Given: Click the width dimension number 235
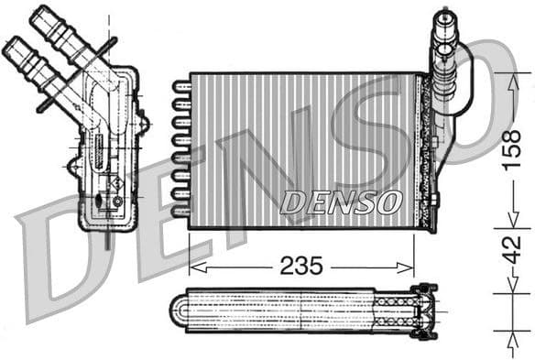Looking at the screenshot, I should coord(301,267).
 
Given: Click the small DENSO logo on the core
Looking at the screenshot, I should coord(340,200).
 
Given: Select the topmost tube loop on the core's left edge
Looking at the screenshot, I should coord(180,88).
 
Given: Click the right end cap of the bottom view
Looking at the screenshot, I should coord(426,310).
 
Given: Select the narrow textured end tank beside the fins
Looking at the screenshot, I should coord(423,151).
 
